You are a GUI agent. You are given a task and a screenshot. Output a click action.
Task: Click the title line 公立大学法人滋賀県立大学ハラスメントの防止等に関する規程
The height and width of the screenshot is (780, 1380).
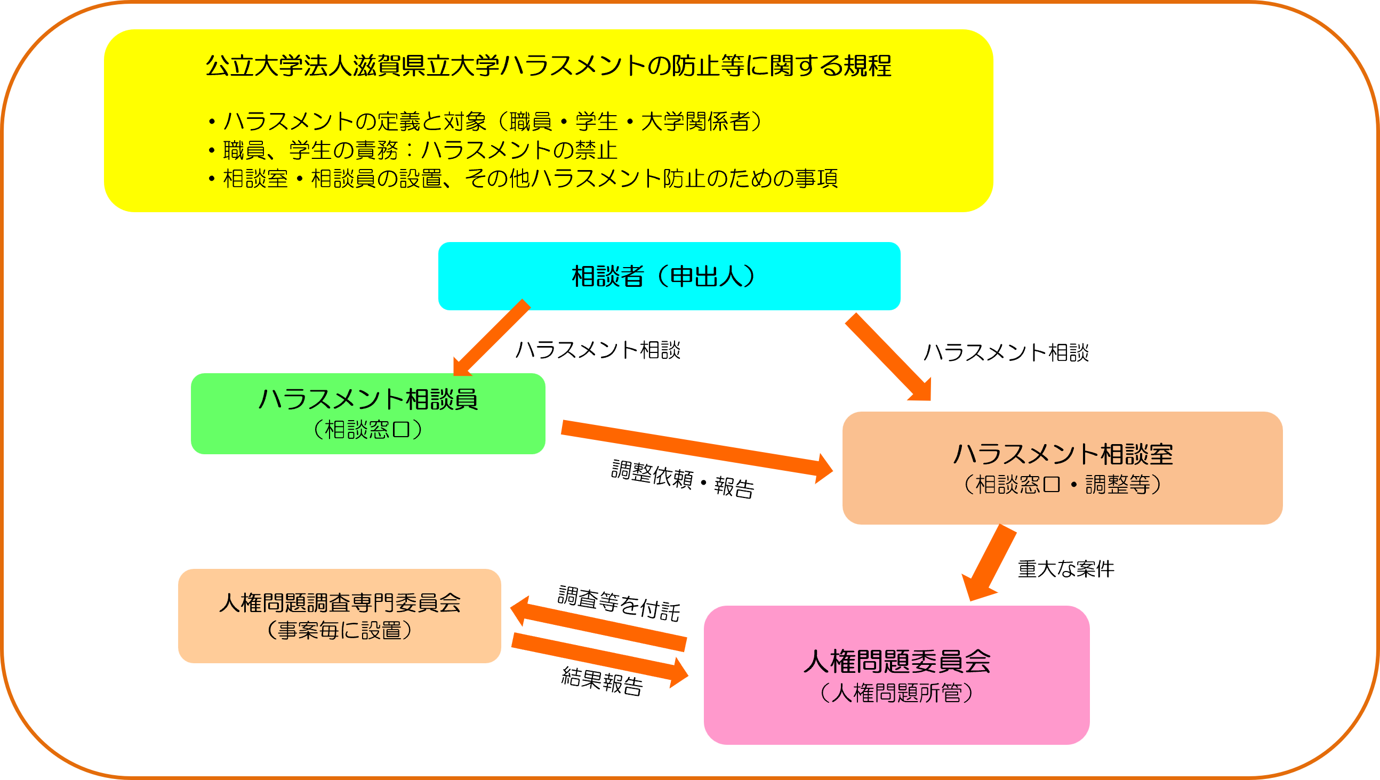[x=548, y=66]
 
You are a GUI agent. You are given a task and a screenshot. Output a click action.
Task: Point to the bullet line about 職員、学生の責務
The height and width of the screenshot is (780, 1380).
[x=413, y=150]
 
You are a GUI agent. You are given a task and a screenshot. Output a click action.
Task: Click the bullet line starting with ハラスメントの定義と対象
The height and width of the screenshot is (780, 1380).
[x=485, y=122]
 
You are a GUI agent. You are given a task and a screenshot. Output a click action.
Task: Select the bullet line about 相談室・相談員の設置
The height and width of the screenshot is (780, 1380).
[x=523, y=179]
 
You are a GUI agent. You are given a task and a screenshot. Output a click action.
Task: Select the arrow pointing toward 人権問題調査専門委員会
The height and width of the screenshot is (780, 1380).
[x=597, y=624]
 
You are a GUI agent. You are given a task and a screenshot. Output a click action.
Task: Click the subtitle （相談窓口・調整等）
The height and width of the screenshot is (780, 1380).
[x=1062, y=485]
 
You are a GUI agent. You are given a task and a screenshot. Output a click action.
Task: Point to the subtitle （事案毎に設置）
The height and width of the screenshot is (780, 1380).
[x=339, y=631]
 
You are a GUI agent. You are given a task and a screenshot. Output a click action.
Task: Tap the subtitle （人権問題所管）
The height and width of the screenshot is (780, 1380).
[x=896, y=693]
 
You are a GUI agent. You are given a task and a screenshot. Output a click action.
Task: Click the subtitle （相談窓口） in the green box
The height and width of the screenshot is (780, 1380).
[x=367, y=430]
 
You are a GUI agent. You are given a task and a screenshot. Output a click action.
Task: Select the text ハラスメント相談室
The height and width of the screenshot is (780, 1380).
[x=1063, y=454]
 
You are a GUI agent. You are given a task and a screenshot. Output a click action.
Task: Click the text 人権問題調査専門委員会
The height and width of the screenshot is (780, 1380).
[x=340, y=603]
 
